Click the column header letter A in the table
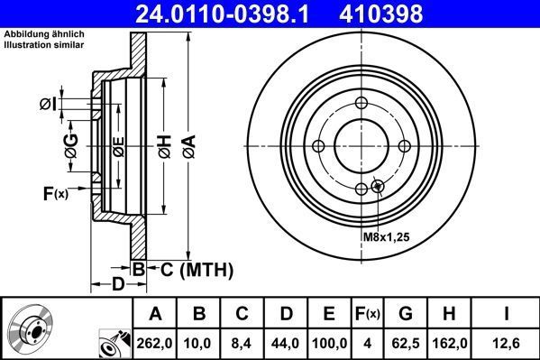[x=156, y=314]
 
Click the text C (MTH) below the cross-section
[x=197, y=269]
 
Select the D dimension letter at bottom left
[x=118, y=285]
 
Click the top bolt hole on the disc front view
[x=361, y=102]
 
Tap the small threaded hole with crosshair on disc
[x=378, y=187]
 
